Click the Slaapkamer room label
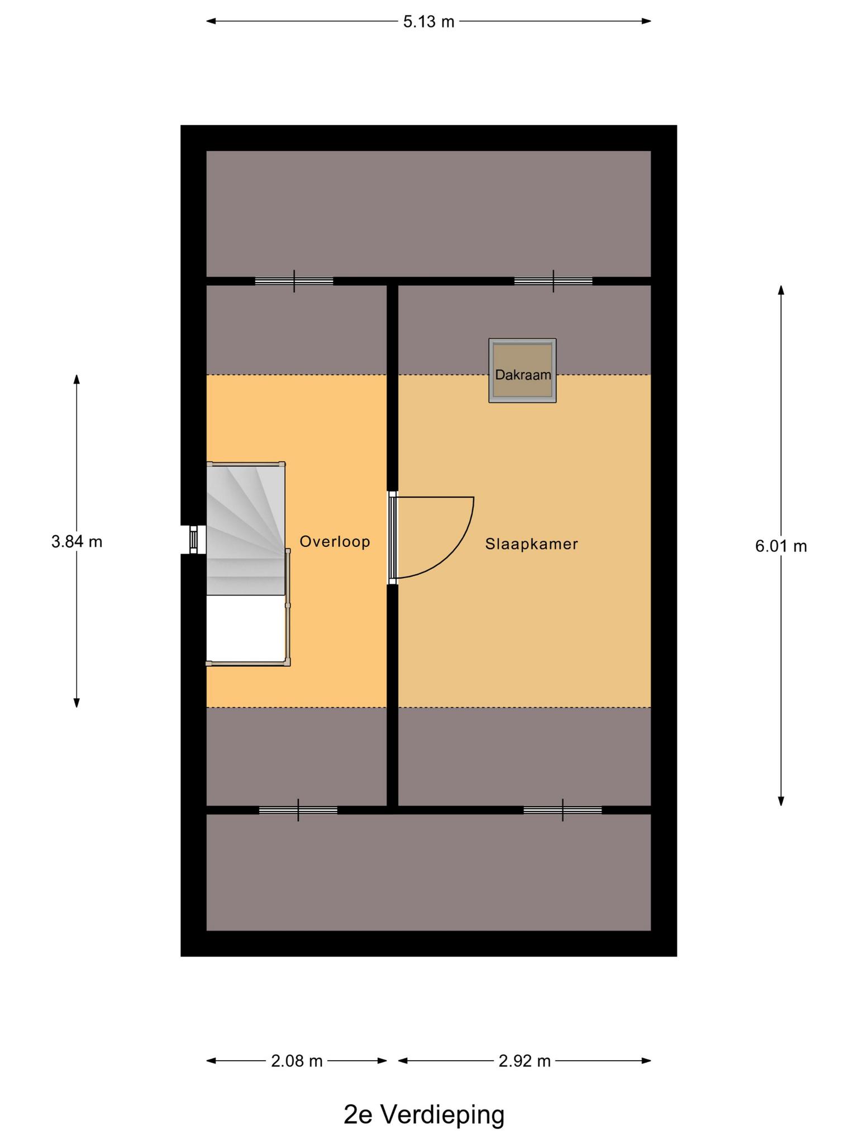coord(531,544)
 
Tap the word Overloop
coord(335,542)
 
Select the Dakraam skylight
coord(522,370)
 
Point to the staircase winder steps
coord(246,528)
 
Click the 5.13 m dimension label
coord(429,22)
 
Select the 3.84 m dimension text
coord(77,541)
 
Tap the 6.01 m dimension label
coord(781,546)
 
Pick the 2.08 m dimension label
coord(297,1061)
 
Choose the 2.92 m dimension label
coord(525,1061)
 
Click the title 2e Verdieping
coord(424,1115)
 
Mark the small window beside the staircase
coord(194,540)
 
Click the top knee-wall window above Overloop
coord(294,281)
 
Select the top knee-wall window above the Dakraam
coord(553,281)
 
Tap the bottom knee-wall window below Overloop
coord(298,810)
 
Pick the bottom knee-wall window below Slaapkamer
coord(563,810)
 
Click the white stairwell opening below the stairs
coord(246,629)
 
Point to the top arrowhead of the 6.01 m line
coord(781,290)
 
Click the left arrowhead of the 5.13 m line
coord(211,22)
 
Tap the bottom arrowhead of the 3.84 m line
coord(77,703)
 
